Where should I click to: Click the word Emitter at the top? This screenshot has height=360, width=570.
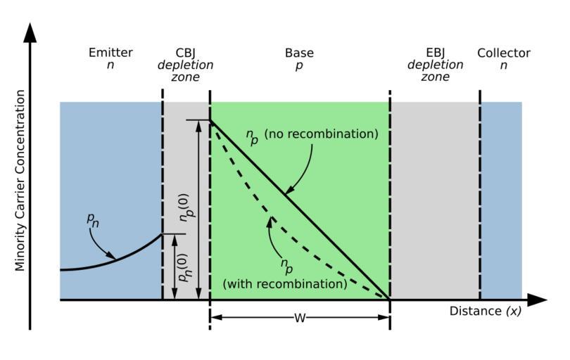click(110, 53)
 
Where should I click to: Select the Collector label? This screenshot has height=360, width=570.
click(503, 53)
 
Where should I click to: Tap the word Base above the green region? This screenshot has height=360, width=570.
click(299, 53)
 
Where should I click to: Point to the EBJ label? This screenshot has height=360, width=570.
click(435, 53)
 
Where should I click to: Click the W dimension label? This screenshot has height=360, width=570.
click(300, 318)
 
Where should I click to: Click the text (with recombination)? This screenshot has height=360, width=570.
click(284, 284)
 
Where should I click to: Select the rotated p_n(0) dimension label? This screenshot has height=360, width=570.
click(184, 266)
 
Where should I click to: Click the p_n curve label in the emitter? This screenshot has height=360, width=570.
click(92, 219)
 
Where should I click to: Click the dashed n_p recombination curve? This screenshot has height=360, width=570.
click(296, 236)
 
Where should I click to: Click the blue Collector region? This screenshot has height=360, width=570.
click(500, 197)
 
